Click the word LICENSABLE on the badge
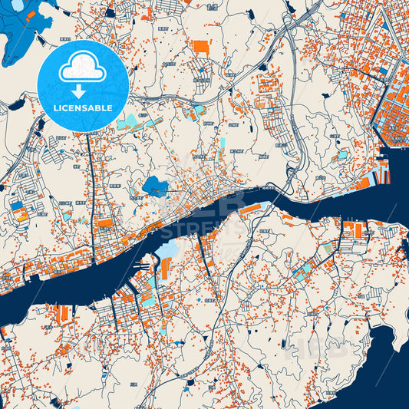pos(83,108)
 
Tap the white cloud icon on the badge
pos(83,68)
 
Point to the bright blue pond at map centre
pos(156,186)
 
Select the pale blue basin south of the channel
pos(167,250)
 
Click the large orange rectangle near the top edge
pos(200,46)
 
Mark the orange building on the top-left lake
pos(33,13)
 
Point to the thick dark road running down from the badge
pos(91,176)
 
